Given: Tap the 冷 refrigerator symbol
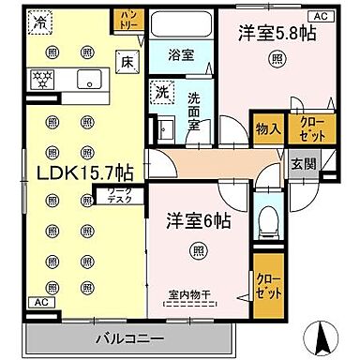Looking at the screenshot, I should (39, 22).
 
